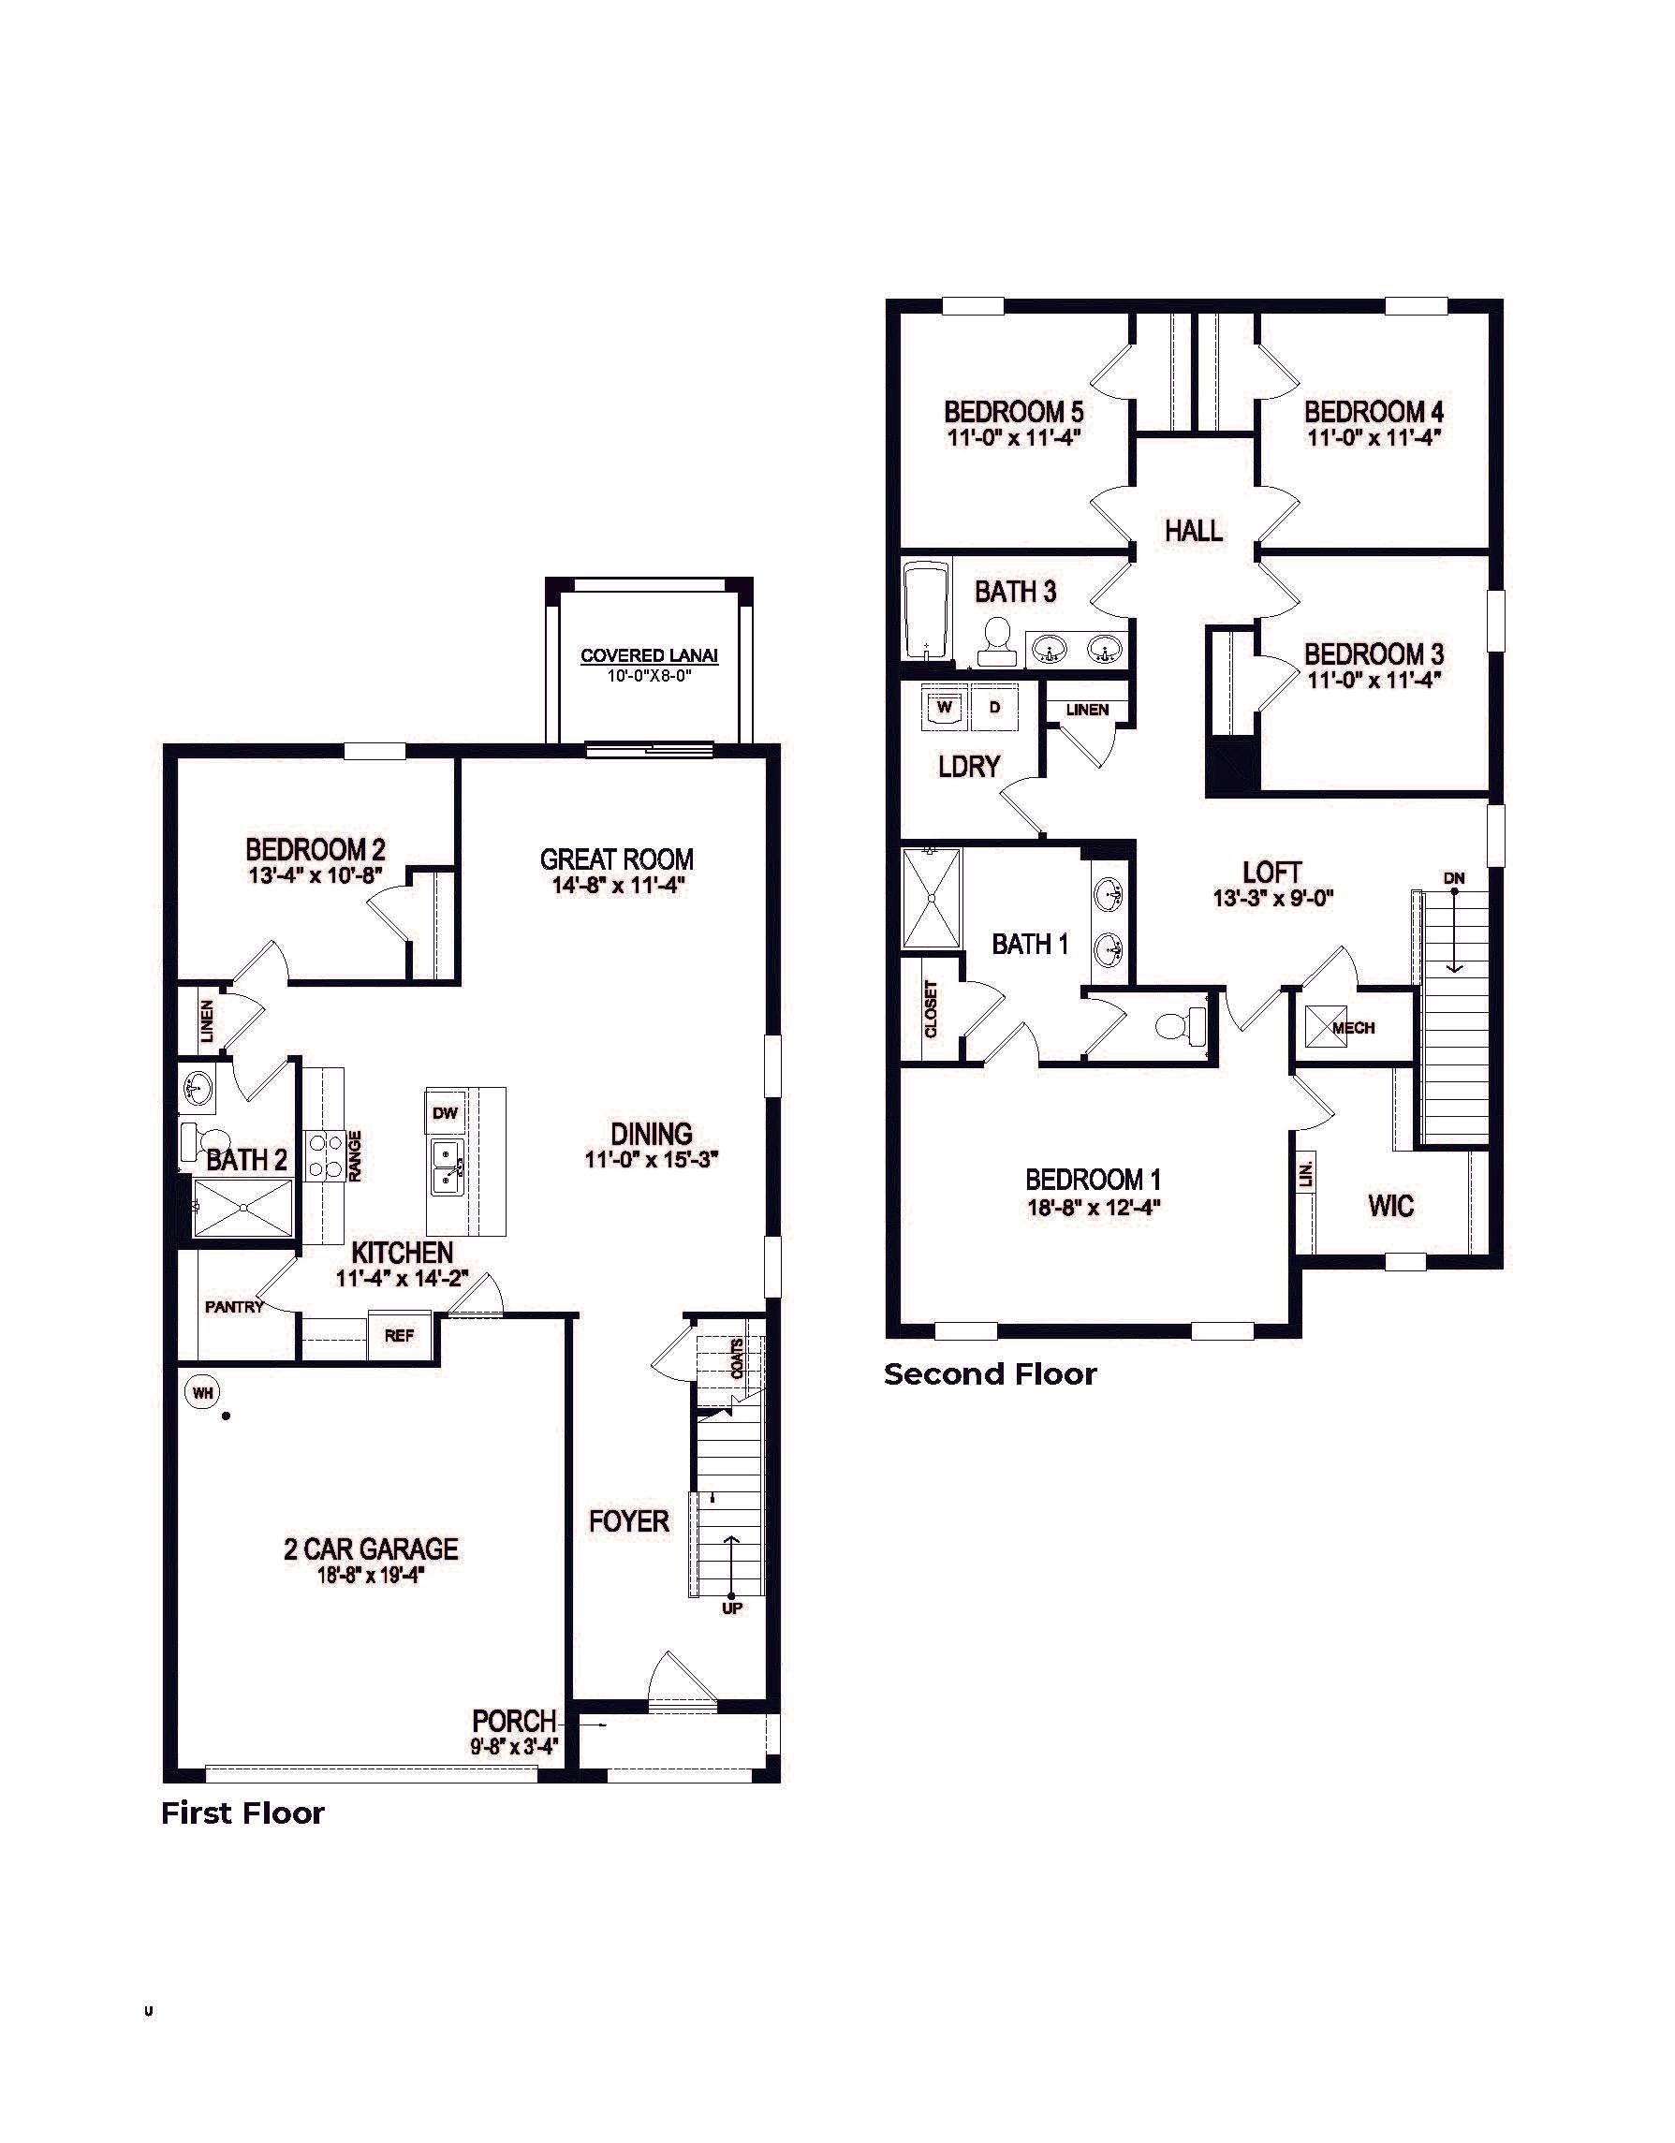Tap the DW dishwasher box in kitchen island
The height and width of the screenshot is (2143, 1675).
pyautogui.click(x=445, y=1113)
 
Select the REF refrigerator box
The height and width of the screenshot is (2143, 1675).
pyautogui.click(x=399, y=1335)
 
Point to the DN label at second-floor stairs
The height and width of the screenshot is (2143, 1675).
pyautogui.click(x=1453, y=877)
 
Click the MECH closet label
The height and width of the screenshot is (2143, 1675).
pyautogui.click(x=1353, y=1027)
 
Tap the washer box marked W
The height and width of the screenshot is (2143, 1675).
pyautogui.click(x=944, y=708)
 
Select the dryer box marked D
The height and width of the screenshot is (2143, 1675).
pyautogui.click(x=994, y=708)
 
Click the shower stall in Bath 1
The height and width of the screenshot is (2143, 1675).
pyautogui.click(x=932, y=899)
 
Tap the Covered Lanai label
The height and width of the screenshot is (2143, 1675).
pyautogui.click(x=649, y=655)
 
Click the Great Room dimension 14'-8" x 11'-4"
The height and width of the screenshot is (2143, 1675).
pyautogui.click(x=616, y=885)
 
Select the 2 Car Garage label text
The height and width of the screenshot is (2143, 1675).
pyautogui.click(x=371, y=1549)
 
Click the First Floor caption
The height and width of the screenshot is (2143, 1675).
pyautogui.click(x=242, y=1813)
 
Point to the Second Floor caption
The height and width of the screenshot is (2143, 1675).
pyautogui.click(x=990, y=1373)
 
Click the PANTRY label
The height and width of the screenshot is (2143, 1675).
pyautogui.click(x=233, y=1307)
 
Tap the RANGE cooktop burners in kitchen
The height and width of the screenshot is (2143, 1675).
pyautogui.click(x=323, y=1156)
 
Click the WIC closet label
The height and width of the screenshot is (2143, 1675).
pyautogui.click(x=1390, y=1205)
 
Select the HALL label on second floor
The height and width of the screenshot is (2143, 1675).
pyautogui.click(x=1193, y=531)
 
